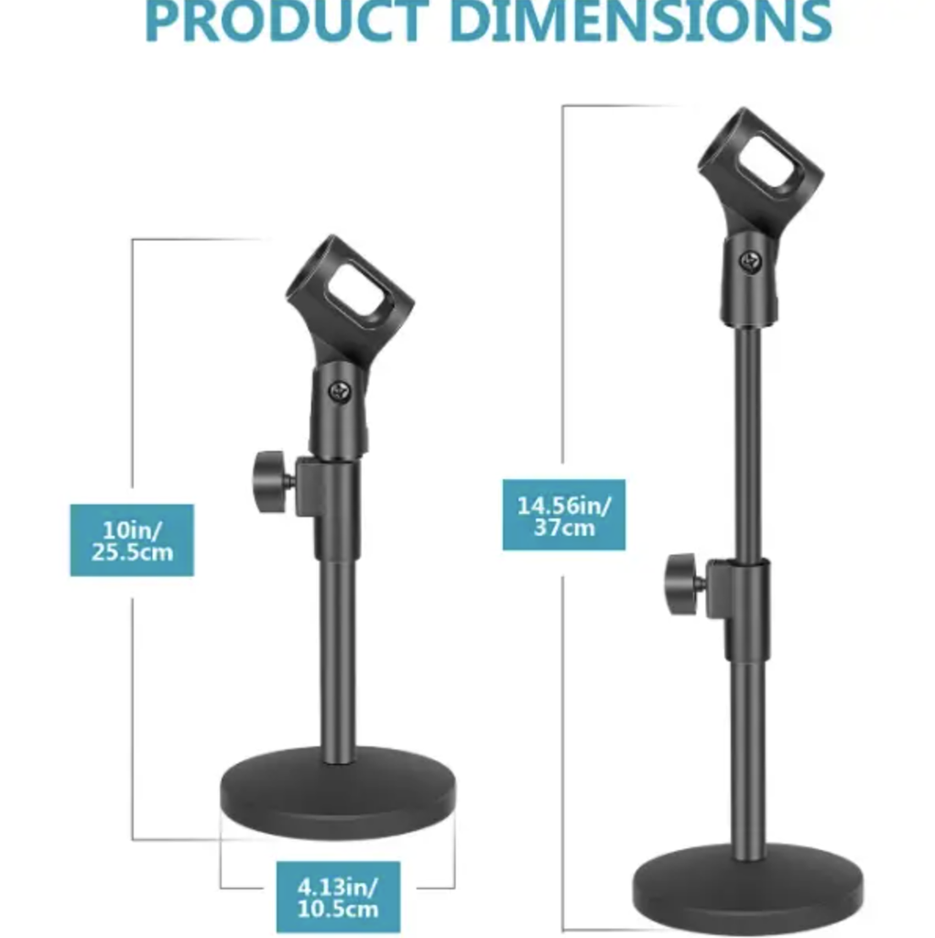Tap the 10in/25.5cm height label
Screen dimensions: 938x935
pos(132,540)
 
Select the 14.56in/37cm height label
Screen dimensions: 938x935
pos(563,515)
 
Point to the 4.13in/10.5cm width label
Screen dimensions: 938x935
pos(338,897)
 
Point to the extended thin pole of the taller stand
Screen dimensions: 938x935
pos(750,440)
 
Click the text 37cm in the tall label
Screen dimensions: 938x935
pos(563,528)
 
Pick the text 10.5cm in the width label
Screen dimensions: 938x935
pos(338,909)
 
